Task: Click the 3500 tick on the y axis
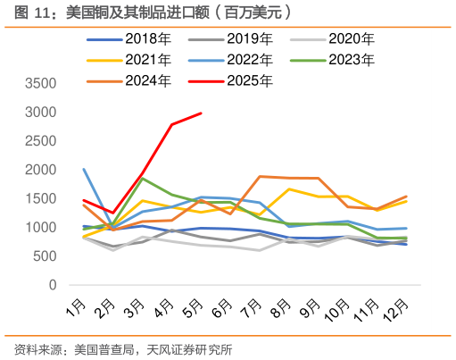pyautogui.click(x=40, y=84)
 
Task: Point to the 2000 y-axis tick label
pyautogui.click(x=40, y=170)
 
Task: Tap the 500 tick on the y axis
pyautogui.click(x=45, y=256)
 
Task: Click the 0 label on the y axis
pyautogui.click(x=53, y=285)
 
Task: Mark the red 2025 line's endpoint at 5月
pyautogui.click(x=202, y=113)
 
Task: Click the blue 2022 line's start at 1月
pyautogui.click(x=84, y=169)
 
